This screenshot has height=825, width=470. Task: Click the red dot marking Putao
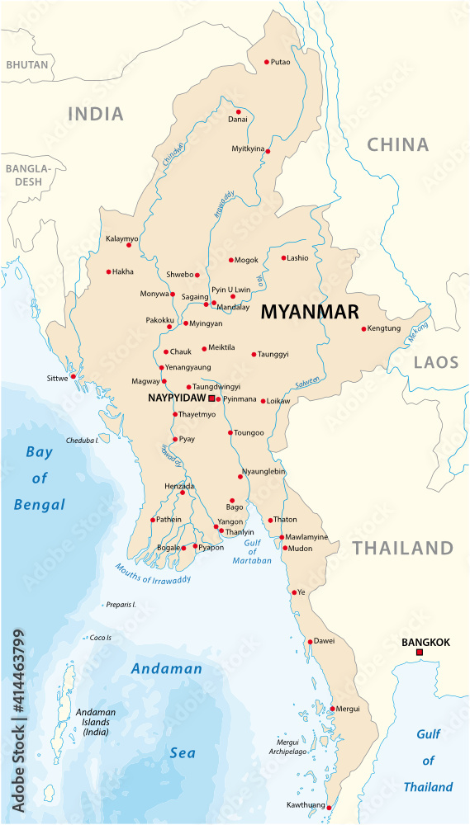pos(267,62)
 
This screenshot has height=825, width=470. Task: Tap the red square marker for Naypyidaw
pos(211,398)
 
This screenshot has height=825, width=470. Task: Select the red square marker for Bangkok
pos(420,653)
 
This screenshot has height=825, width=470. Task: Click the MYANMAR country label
pos(310,312)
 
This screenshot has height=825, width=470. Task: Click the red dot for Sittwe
pos(74,376)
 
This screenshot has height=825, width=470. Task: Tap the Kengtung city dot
pos(363,329)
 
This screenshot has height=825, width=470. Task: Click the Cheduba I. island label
pos(83,441)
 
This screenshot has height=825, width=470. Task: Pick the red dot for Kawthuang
pos(328,807)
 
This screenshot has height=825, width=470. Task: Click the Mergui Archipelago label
pos(287,747)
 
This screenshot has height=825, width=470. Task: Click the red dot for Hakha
pos(108,271)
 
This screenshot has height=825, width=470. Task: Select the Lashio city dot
pos(283,258)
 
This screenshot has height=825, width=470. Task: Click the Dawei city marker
pos(310,642)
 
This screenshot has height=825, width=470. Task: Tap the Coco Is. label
pos(101,638)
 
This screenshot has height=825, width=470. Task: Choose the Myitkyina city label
pos(248,149)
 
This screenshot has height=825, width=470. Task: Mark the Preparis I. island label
pos(121,605)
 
